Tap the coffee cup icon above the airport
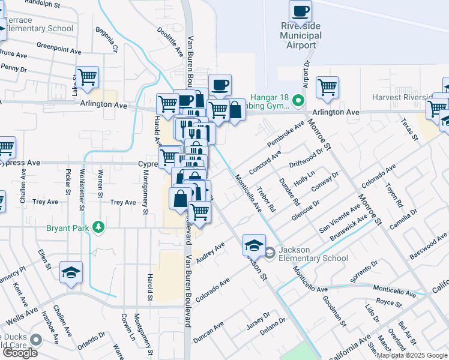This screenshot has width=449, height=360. pos(300,11)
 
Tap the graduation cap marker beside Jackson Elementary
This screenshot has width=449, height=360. pos(254,245)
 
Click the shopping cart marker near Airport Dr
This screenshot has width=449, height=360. pos(327,88)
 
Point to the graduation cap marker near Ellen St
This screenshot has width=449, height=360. pos(71,273)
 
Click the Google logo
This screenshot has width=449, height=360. pos(19,353)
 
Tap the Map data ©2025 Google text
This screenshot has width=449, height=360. pos(412,355)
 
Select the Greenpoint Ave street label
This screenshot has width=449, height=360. pos(58,47)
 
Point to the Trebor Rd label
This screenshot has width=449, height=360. pos(265,200)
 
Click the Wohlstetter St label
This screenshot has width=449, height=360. pos(82,187)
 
